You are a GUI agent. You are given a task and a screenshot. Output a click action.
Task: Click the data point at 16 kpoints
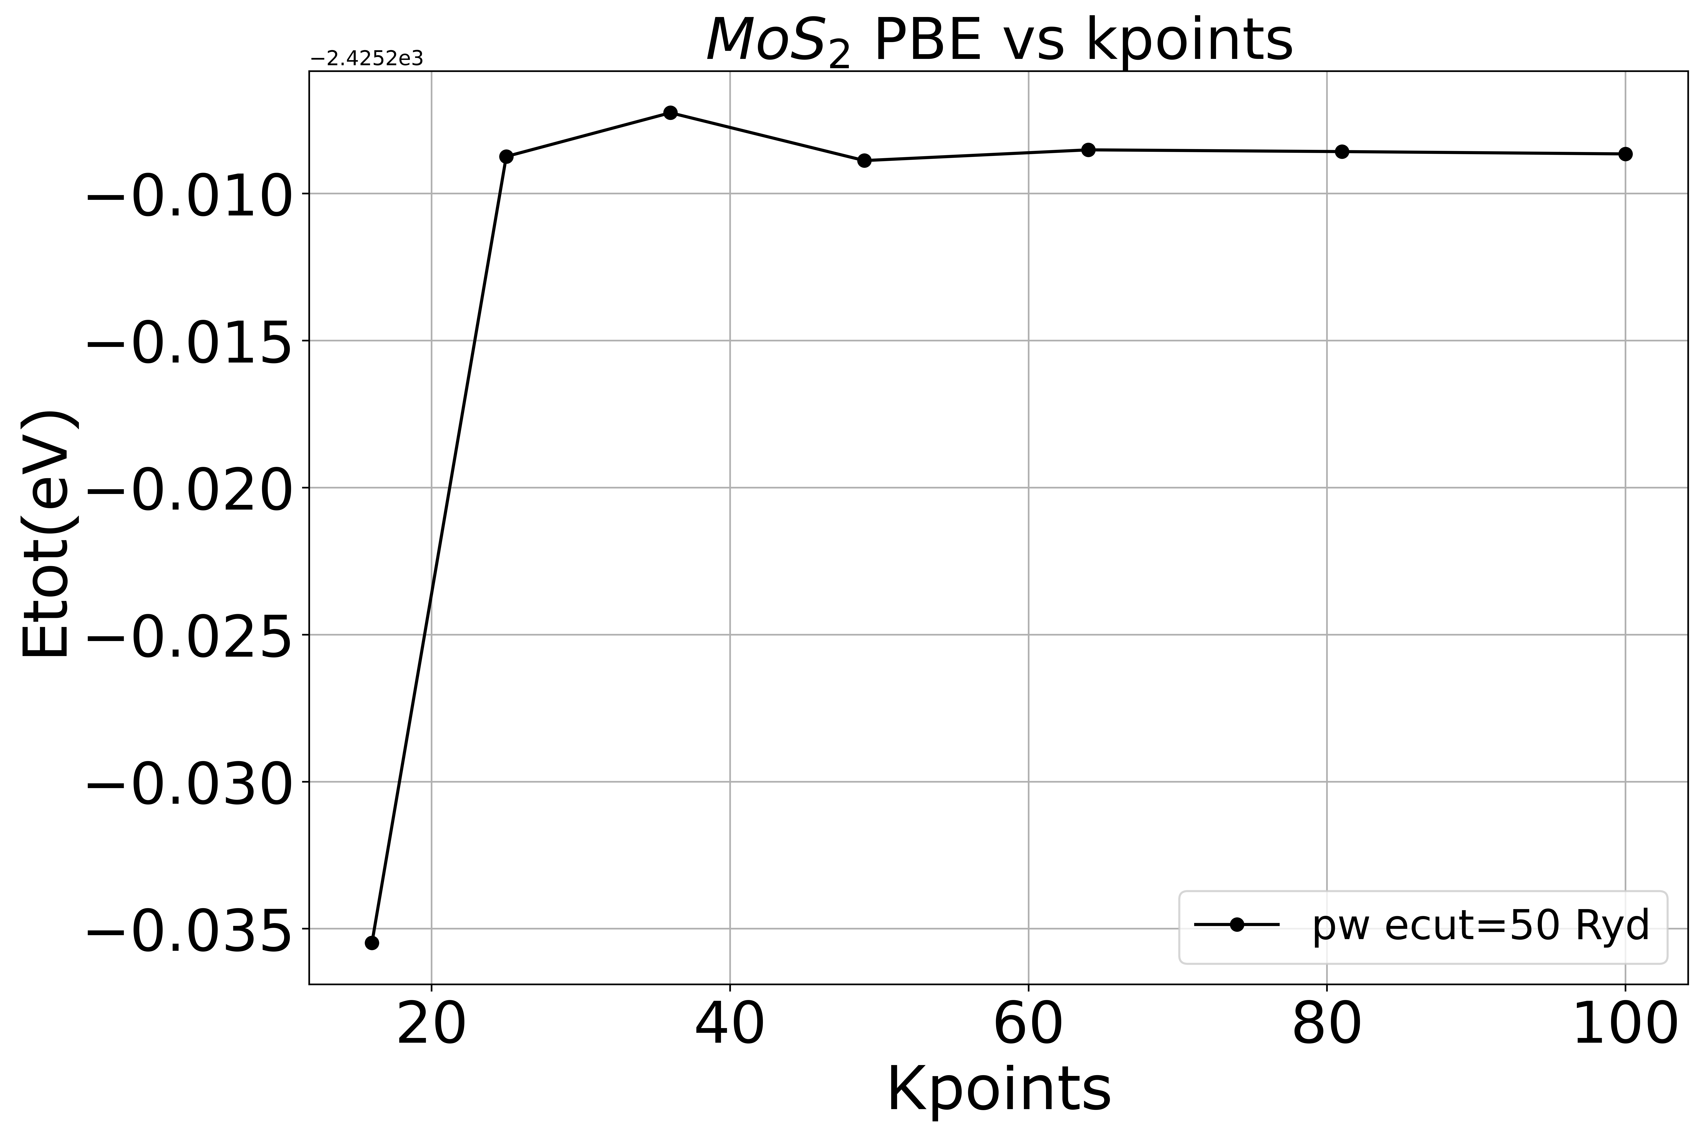click(x=372, y=942)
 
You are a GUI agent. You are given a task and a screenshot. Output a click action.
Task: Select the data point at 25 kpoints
click(x=507, y=157)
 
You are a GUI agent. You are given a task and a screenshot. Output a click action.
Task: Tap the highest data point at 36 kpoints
click(x=670, y=112)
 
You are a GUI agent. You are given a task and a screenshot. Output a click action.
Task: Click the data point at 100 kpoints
click(x=1626, y=154)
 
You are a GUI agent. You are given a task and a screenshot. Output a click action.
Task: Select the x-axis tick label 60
click(x=1028, y=1026)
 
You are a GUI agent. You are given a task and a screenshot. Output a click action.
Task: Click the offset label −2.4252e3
click(x=367, y=59)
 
